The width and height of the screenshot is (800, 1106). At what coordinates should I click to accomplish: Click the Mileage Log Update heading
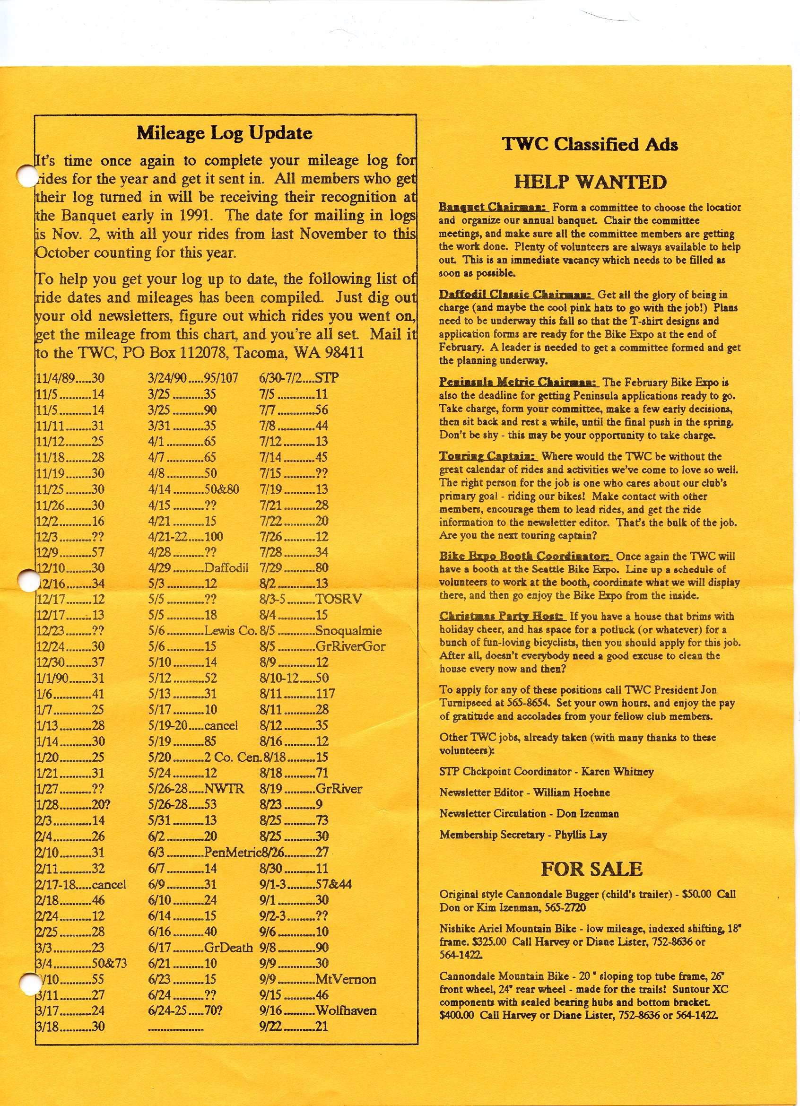click(224, 133)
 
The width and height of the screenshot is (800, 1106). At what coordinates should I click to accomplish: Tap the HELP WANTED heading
click(590, 182)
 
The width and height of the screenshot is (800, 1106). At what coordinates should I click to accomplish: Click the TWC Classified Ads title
click(590, 144)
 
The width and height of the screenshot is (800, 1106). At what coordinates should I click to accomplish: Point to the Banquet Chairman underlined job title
click(493, 207)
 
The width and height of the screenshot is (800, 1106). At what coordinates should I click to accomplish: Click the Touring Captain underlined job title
click(487, 456)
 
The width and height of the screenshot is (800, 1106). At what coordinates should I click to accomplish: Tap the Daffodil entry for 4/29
click(226, 567)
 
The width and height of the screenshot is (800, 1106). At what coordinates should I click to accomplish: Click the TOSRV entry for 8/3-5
click(339, 599)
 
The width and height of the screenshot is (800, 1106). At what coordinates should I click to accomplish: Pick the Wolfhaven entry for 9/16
click(346, 1010)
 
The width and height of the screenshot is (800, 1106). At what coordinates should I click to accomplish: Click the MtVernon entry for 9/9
click(346, 979)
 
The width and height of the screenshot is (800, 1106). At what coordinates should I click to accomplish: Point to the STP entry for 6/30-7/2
click(327, 378)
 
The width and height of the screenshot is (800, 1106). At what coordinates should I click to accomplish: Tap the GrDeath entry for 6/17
click(228, 947)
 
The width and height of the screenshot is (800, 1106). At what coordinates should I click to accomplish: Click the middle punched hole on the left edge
click(28, 581)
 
